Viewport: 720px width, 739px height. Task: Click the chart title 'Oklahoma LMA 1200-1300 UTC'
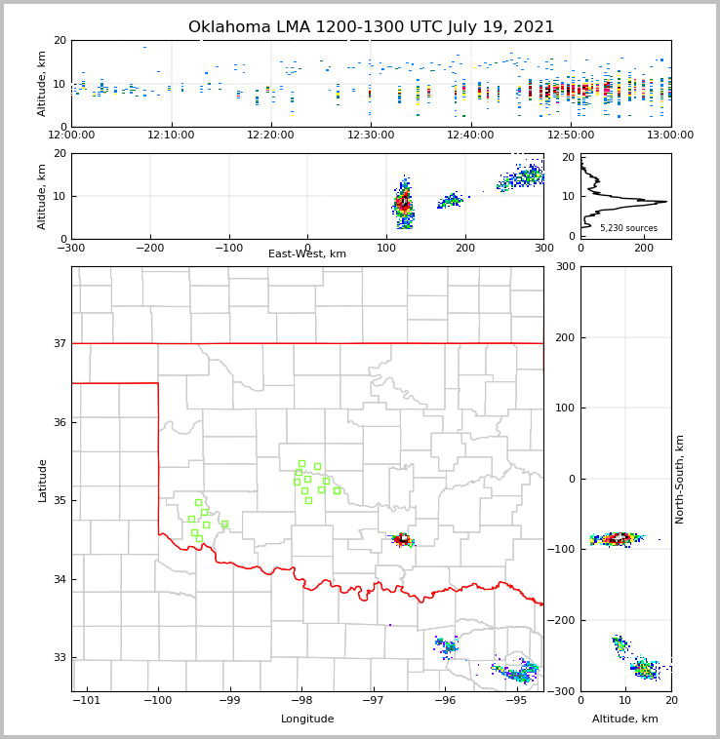pyautogui.click(x=371, y=27)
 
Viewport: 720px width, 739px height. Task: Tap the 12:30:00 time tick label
pyautogui.click(x=371, y=135)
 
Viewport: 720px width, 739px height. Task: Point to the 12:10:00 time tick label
pyautogui.click(x=172, y=135)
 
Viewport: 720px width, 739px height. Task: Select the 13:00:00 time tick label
pyautogui.click(x=670, y=135)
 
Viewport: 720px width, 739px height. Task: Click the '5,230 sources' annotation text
pyautogui.click(x=628, y=228)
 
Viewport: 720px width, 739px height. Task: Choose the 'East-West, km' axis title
pyautogui.click(x=307, y=254)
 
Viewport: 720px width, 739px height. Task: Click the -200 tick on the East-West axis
pyautogui.click(x=150, y=248)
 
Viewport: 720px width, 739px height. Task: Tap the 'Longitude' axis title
pyautogui.click(x=307, y=720)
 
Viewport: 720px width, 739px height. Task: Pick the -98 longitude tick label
pyautogui.click(x=300, y=700)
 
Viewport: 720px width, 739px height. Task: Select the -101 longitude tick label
pyautogui.click(x=87, y=700)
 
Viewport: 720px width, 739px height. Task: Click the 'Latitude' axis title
pyautogui.click(x=42, y=480)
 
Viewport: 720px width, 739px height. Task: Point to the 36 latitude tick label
pyautogui.click(x=60, y=422)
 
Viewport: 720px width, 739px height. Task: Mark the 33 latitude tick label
pyautogui.click(x=60, y=658)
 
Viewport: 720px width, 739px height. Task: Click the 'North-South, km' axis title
pyautogui.click(x=680, y=479)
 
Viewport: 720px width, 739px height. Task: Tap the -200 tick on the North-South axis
pyautogui.click(x=563, y=620)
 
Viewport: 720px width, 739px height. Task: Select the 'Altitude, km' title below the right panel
pyautogui.click(x=625, y=720)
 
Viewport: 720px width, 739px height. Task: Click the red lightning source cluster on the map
pyautogui.click(x=402, y=538)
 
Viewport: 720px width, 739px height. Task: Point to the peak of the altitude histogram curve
pyautogui.click(x=666, y=202)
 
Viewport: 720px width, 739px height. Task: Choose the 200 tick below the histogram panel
pyautogui.click(x=644, y=248)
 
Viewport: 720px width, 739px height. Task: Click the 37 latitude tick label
pyautogui.click(x=60, y=343)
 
